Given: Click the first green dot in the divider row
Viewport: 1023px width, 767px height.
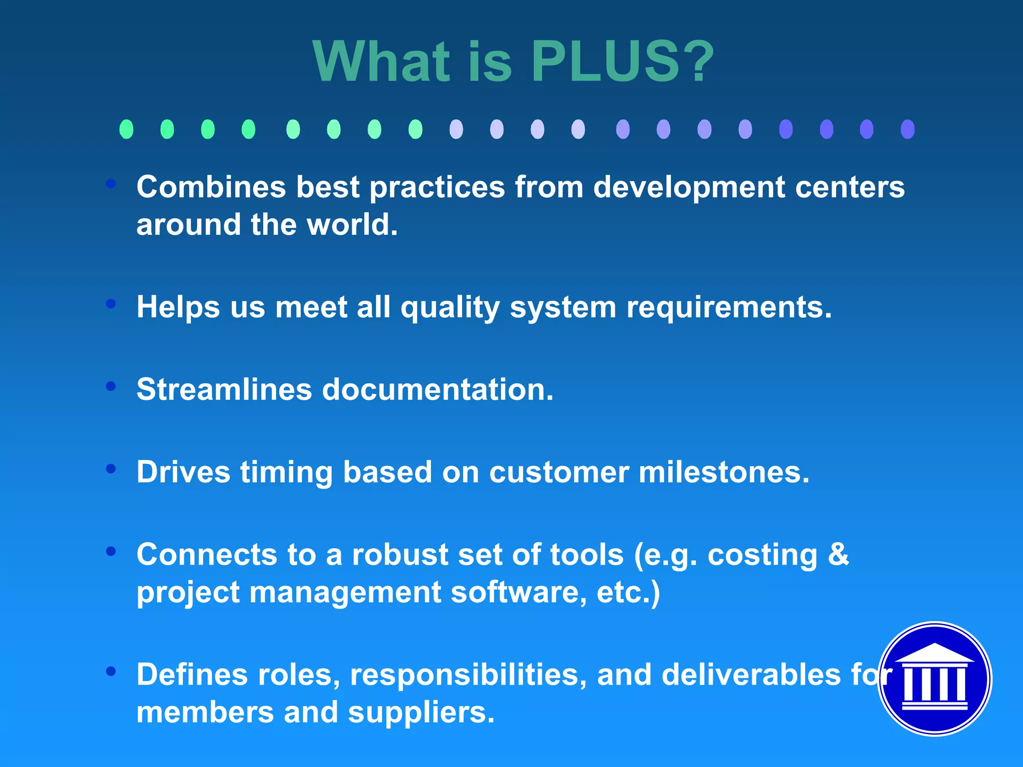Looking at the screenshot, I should (126, 129).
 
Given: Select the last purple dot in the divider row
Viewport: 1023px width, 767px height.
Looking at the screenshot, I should (907, 129).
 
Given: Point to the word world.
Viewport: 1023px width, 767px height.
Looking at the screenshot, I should (352, 224).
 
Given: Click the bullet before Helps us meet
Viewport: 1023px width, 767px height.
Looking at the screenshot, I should (111, 303).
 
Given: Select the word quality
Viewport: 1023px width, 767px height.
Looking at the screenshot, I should (450, 307).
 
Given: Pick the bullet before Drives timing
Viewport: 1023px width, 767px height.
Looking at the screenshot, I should (111, 468).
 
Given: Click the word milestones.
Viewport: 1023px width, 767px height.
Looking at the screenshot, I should (724, 472).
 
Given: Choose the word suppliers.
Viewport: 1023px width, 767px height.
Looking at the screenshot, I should (421, 712).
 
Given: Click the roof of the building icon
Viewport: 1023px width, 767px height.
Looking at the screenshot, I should (934, 654).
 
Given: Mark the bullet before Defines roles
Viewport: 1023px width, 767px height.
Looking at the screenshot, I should (111, 671).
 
